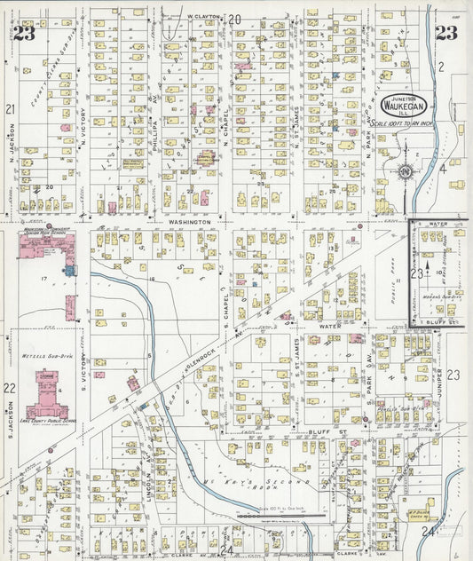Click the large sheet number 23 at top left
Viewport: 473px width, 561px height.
pos(24,35)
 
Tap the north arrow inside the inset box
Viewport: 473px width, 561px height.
pos(427,265)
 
